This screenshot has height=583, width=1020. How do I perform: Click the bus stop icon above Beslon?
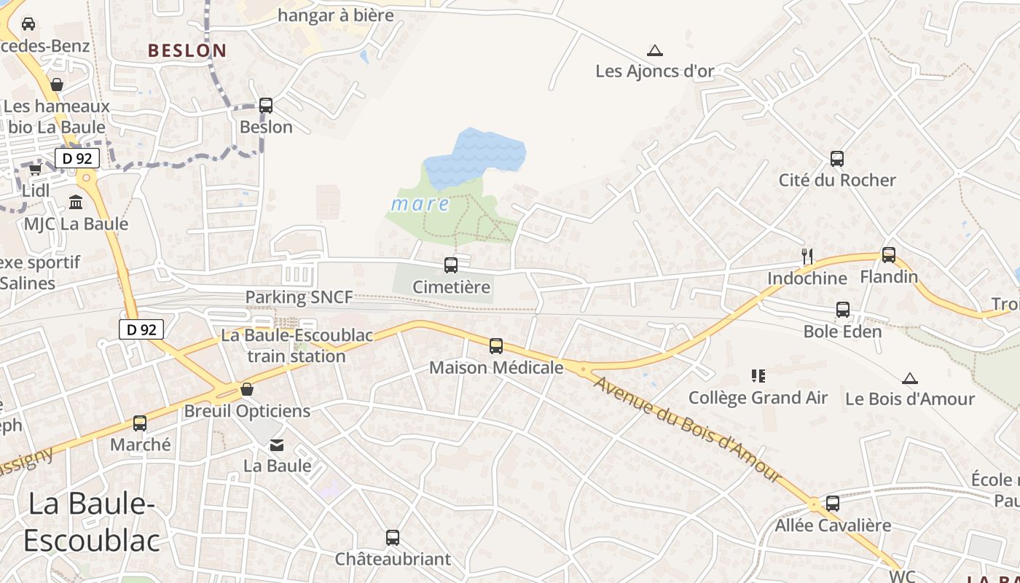point(266,105)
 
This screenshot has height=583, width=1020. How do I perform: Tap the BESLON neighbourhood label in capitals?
point(187,50)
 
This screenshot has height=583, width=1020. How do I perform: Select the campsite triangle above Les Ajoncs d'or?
point(655,50)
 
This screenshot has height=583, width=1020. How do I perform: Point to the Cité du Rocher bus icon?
point(837,158)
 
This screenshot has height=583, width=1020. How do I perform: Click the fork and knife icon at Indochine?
point(807,256)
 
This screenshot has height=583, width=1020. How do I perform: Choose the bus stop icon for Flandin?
point(889,255)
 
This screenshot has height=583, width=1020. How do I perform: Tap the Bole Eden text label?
point(842,332)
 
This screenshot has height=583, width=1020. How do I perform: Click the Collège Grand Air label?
point(758,398)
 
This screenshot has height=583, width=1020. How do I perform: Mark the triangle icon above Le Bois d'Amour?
point(909,378)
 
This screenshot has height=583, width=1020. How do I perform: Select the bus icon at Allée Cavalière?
point(833,503)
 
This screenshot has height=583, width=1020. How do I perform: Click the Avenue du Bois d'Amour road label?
point(688,429)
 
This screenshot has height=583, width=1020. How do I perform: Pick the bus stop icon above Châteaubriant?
point(393,538)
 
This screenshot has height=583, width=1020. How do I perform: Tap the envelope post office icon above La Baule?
point(277,445)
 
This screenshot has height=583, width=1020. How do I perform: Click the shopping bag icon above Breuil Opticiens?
point(247,389)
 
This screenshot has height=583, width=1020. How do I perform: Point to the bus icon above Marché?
point(140,423)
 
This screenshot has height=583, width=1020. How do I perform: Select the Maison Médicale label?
point(496,367)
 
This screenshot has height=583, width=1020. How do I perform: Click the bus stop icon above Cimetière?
point(451,265)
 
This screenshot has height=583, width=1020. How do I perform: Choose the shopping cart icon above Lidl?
point(35,169)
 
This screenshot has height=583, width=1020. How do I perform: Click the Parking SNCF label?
point(299,297)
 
